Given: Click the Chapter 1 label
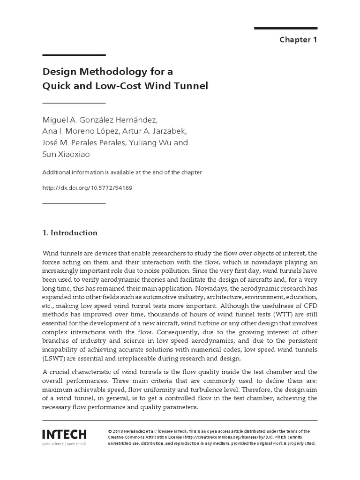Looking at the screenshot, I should pyautogui.click(x=298, y=39).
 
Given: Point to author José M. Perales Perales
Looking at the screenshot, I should pyautogui.click(x=84, y=142).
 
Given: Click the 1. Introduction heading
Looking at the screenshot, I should pyautogui.click(x=70, y=232).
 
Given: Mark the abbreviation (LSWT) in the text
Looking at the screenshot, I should pyautogui.click(x=53, y=359).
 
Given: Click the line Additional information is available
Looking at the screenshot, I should pyautogui.click(x=122, y=172).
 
